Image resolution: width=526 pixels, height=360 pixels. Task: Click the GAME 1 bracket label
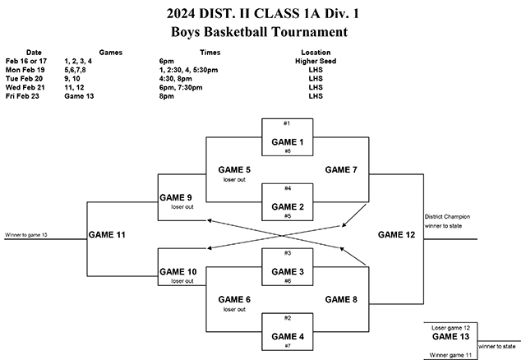pyautogui.click(x=288, y=141)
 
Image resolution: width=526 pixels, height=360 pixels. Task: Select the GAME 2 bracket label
pyautogui.click(x=288, y=206)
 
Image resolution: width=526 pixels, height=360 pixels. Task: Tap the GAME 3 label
pyautogui.click(x=288, y=271)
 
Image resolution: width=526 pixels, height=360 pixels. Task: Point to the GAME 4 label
pyautogui.click(x=288, y=336)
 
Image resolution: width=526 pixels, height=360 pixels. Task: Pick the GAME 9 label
pyautogui.click(x=176, y=198)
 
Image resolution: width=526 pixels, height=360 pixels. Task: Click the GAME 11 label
pyautogui.click(x=108, y=235)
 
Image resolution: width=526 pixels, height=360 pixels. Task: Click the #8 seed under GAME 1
pyautogui.click(x=288, y=151)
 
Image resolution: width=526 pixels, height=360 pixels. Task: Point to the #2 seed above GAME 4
pyautogui.click(x=288, y=317)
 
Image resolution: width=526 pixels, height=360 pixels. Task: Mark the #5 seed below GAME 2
pyautogui.click(x=288, y=216)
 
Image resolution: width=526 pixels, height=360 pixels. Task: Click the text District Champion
pyautogui.click(x=447, y=217)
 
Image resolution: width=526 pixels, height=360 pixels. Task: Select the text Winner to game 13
pyautogui.click(x=26, y=235)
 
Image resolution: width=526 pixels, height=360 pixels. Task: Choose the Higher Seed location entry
pyautogui.click(x=316, y=61)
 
